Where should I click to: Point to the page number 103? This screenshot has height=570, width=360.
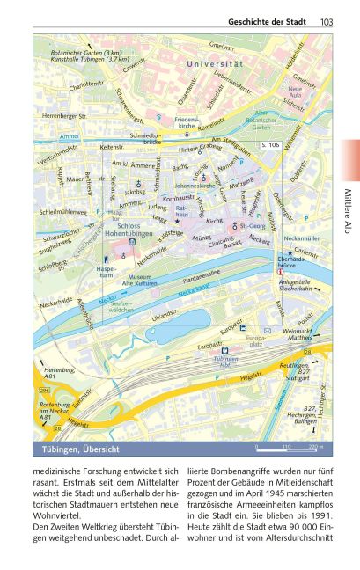coord(327,22)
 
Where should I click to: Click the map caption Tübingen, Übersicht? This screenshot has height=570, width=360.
coord(81,450)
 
